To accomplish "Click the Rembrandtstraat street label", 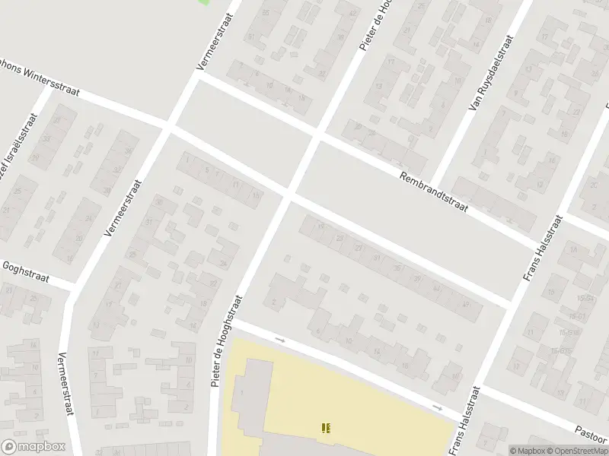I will click(434, 191).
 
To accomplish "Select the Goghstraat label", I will click(25, 273).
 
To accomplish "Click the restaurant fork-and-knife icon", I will click(327, 429).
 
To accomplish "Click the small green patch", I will click(203, 2).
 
